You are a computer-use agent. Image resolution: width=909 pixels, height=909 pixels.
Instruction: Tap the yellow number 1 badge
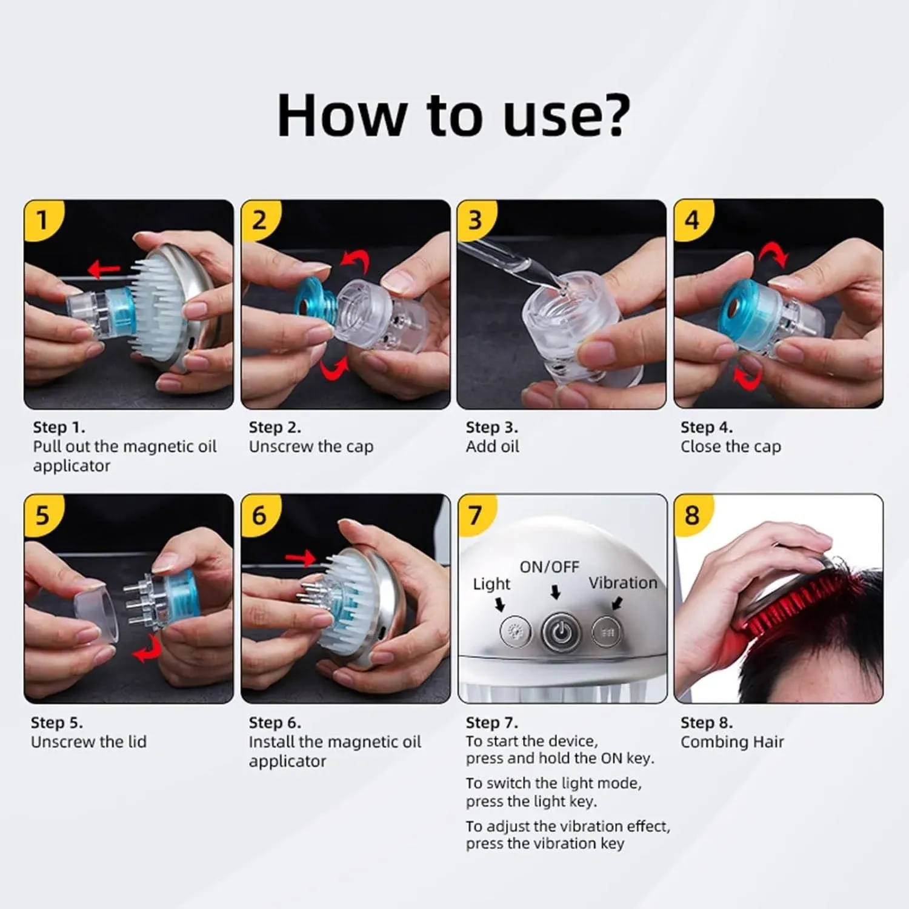[42, 220]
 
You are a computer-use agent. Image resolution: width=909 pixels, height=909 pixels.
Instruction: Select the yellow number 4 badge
[692, 219]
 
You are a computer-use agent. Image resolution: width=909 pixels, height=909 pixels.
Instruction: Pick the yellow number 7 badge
[475, 515]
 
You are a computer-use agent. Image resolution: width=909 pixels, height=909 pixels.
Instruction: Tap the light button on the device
[515, 631]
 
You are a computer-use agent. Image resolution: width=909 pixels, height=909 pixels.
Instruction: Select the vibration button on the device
[607, 632]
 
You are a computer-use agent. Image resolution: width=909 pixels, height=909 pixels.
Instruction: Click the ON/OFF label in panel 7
[549, 567]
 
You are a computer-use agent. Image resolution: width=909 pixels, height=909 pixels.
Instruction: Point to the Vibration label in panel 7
[622, 583]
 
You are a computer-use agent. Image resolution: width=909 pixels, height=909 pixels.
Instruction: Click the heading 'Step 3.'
[491, 427]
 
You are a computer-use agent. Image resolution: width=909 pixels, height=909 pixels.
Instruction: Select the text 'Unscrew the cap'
[311, 447]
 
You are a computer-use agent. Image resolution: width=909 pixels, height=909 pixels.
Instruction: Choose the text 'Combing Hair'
[732, 742]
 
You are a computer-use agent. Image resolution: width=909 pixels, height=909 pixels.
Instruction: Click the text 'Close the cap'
[730, 447]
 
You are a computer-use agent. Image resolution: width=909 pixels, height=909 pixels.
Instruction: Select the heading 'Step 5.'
[57, 722]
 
